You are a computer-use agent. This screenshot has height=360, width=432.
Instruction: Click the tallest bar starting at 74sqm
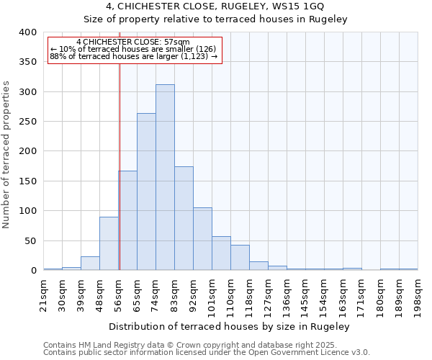click(165, 177)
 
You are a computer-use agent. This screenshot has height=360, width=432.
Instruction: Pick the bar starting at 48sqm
click(109, 243)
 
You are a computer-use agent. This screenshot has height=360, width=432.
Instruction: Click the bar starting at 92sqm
click(202, 239)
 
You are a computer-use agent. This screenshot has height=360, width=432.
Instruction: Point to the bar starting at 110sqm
click(240, 258)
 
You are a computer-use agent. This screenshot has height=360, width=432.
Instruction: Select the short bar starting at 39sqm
click(90, 264)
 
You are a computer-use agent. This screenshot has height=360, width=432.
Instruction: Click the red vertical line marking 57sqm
click(120, 166)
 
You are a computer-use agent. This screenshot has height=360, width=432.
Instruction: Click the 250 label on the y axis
click(27, 122)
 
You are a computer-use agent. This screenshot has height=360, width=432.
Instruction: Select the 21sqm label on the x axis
click(43, 294)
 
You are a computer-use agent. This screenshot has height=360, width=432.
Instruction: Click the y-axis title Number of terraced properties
click(6, 154)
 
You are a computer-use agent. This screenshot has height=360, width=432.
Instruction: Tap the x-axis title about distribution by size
click(233, 327)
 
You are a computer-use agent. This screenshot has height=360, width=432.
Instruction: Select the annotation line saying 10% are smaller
click(133, 49)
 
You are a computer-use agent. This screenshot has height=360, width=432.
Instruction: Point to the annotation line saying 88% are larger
click(133, 56)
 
